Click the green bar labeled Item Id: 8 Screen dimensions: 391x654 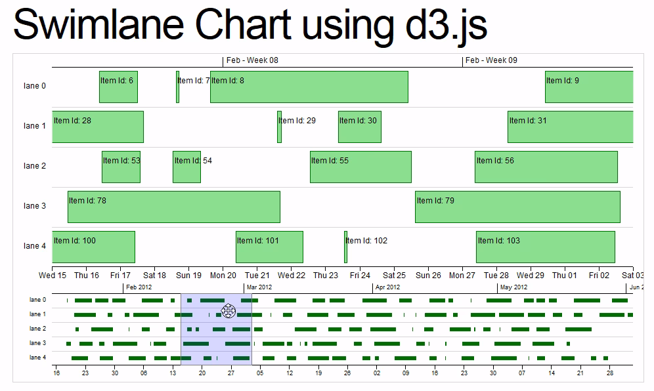click(x=309, y=87)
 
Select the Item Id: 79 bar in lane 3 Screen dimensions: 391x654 click(x=517, y=207)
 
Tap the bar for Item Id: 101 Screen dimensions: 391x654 click(x=269, y=247)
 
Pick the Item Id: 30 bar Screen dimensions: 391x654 click(x=359, y=127)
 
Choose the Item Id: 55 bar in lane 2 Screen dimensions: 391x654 click(x=360, y=167)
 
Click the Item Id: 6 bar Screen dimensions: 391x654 click(x=118, y=87)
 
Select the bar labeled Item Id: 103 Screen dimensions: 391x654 click(x=545, y=247)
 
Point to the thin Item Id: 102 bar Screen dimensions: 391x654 click(x=345, y=247)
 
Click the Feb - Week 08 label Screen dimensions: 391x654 click(x=252, y=60)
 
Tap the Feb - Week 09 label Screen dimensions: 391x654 click(x=491, y=60)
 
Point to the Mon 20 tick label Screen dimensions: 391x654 click(x=223, y=276)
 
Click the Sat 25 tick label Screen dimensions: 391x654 click(x=394, y=276)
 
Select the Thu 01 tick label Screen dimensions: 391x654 click(x=565, y=276)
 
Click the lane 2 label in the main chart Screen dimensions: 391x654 click(x=35, y=166)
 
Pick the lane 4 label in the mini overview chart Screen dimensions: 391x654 click(x=37, y=358)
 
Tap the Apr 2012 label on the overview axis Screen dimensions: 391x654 click(x=387, y=287)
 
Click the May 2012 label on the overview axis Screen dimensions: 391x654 click(x=513, y=287)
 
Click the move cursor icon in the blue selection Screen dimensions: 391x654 click(x=228, y=310)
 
